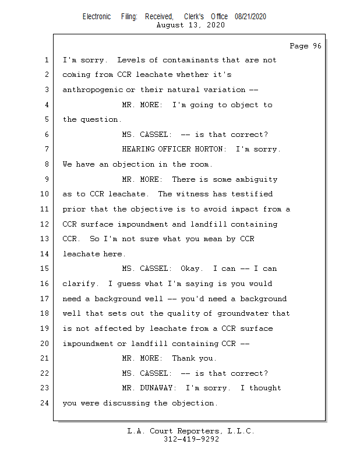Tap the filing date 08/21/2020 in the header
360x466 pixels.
click(250, 17)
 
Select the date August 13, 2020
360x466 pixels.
click(190, 25)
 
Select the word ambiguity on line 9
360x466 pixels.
click(256, 179)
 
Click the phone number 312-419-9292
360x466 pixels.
click(191, 440)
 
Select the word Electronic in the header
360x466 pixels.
click(97, 17)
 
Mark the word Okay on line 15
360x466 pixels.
click(190, 269)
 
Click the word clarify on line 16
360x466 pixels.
click(81, 284)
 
